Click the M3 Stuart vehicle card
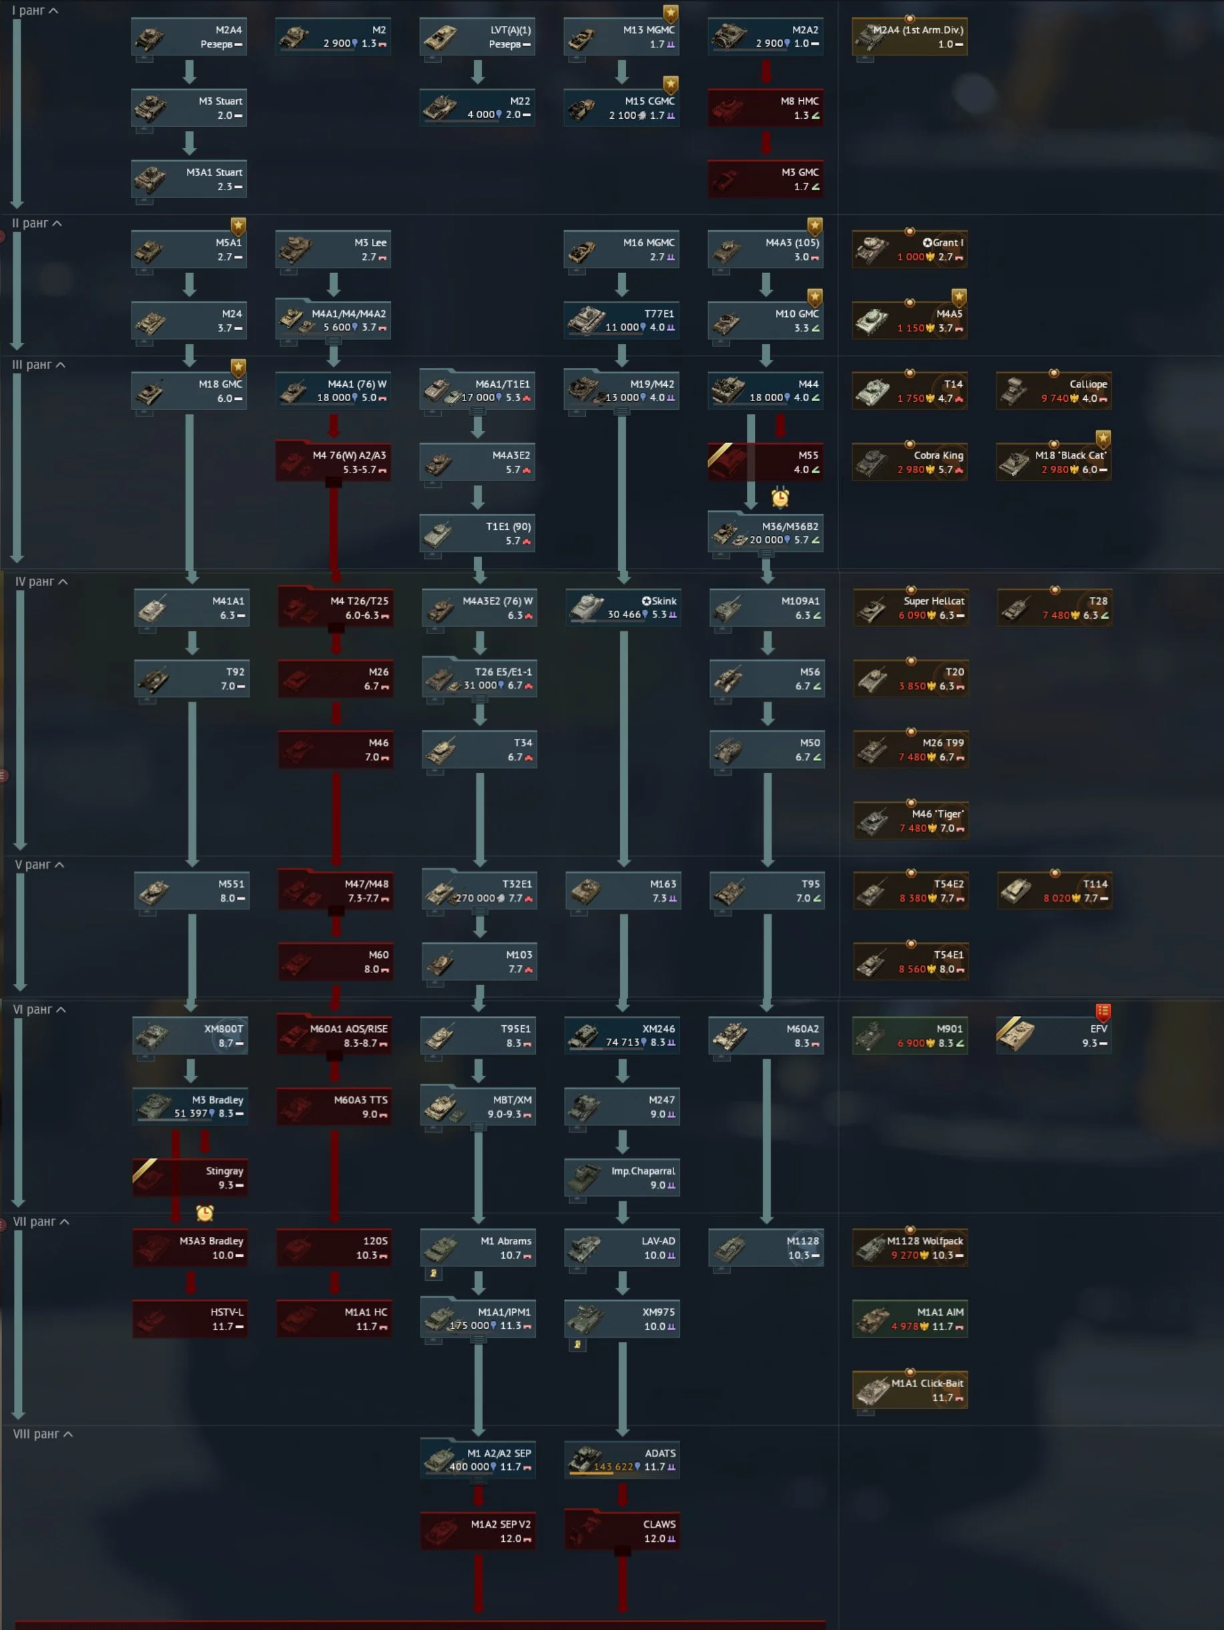coord(189,107)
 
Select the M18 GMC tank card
coord(189,390)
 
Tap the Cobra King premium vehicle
coord(910,462)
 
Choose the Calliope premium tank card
coord(1053,390)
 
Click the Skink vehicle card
coord(623,607)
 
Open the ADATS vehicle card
coord(622,1460)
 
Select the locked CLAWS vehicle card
coord(622,1531)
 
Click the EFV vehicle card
coord(1053,1035)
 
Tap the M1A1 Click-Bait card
coord(910,1390)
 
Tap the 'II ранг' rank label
coord(36,224)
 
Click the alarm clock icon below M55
coord(780,498)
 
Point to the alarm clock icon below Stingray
coord(205,1212)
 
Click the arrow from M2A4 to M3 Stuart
coord(190,71)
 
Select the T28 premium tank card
coord(1054,607)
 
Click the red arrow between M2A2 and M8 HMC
coord(766,71)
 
